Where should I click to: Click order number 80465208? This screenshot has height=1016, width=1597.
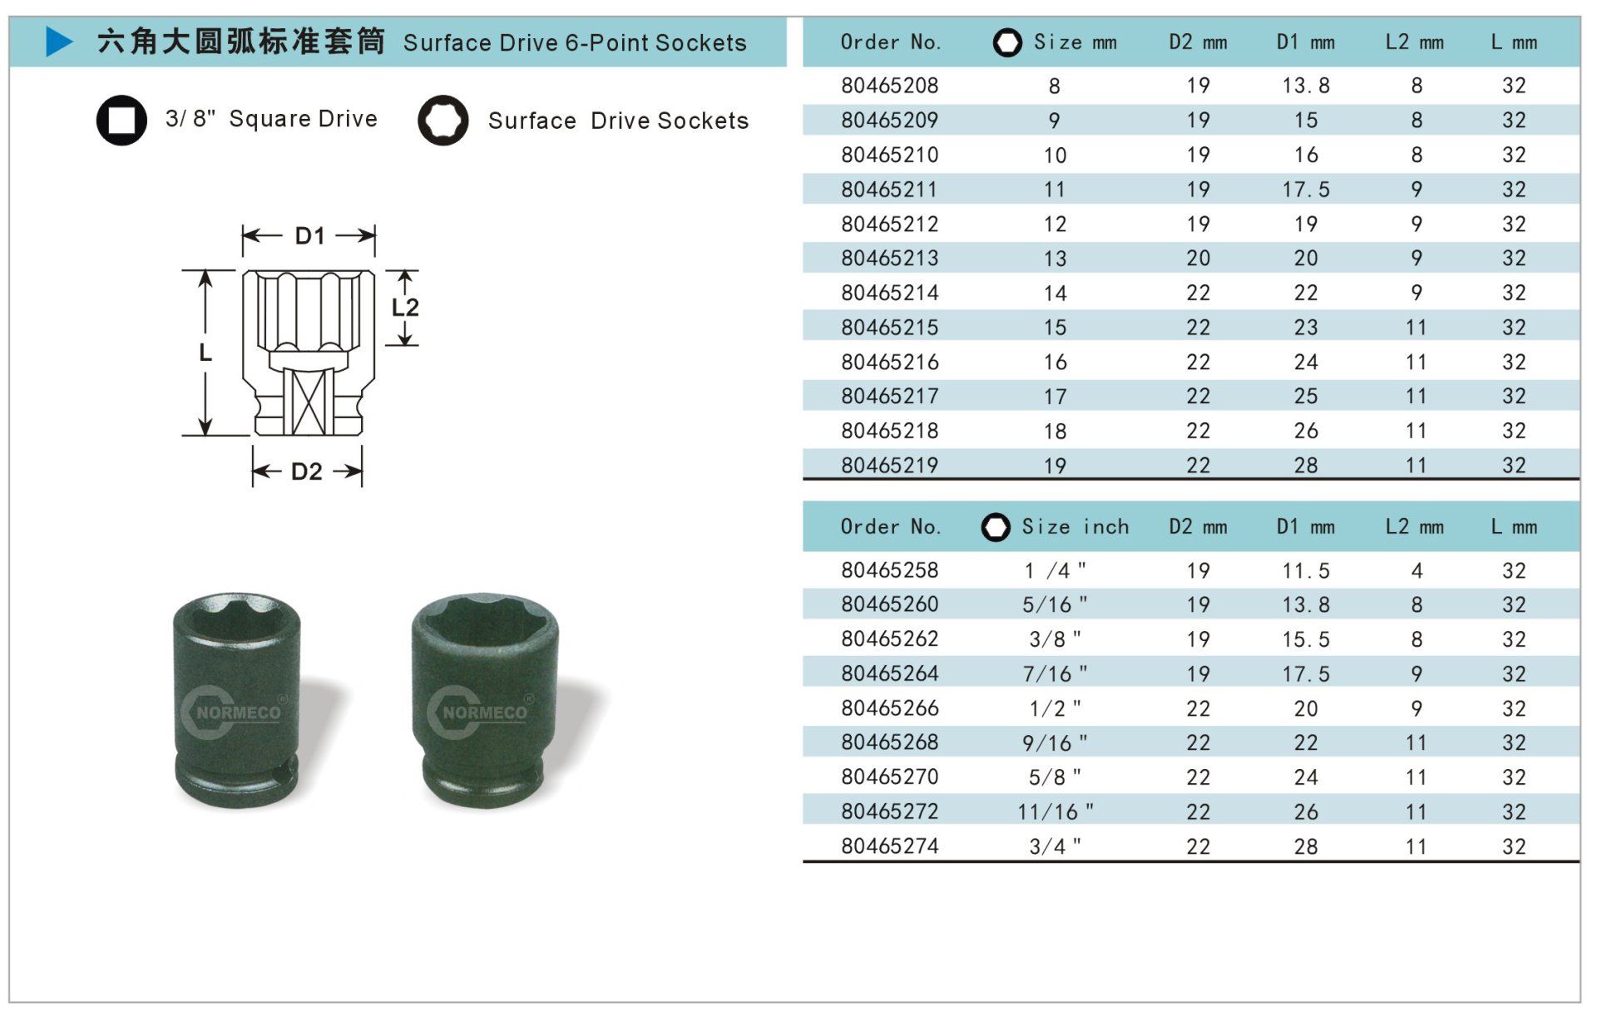889,86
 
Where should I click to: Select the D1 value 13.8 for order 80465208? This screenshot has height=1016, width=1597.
1306,86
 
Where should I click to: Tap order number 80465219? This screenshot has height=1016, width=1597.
889,466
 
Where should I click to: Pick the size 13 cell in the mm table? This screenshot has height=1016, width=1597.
1055,259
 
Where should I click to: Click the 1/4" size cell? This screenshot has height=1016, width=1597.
1055,570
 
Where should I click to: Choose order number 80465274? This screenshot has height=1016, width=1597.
889,846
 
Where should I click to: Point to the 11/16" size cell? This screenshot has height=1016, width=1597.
1055,811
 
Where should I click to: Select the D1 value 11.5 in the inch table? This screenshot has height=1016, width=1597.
1306,570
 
